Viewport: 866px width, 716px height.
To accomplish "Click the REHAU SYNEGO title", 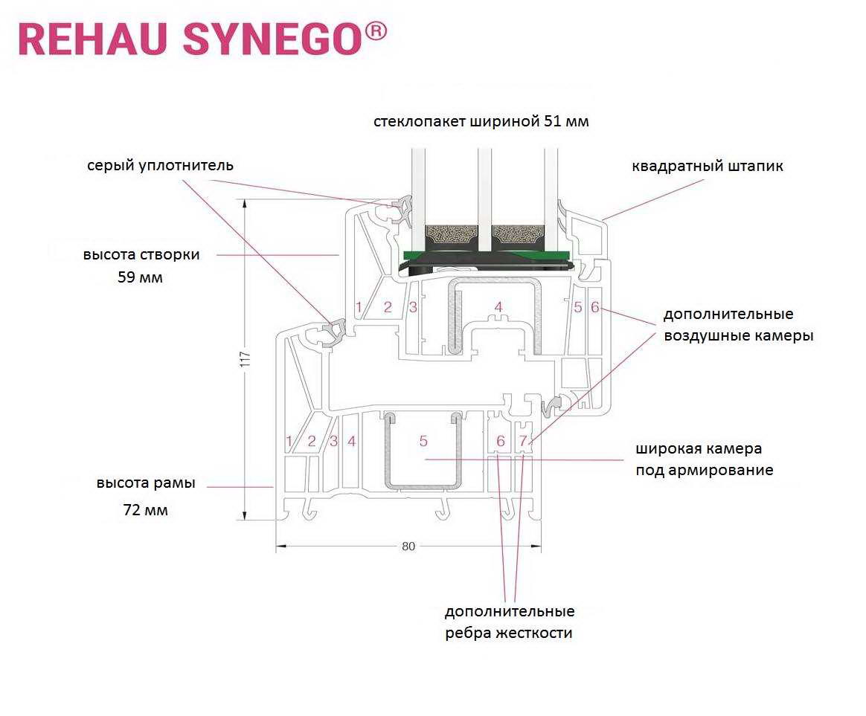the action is point(202,39).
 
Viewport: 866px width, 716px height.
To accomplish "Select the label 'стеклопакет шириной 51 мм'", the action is point(481,121).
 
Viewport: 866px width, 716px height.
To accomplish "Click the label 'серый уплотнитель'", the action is point(160,166).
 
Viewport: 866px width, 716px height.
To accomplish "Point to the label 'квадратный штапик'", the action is point(707,166).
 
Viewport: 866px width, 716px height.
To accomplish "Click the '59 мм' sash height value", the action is point(141,277).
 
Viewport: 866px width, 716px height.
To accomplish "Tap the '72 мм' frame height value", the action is point(145,509).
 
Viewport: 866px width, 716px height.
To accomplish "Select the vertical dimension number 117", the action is point(246,359).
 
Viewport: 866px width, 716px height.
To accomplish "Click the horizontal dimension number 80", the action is point(408,546).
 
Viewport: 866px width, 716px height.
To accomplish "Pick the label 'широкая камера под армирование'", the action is point(704,459).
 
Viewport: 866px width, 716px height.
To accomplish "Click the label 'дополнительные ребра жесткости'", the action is point(509,622).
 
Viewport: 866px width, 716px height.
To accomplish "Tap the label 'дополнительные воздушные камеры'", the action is point(739,325).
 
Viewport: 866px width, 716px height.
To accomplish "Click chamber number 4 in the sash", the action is point(498,308).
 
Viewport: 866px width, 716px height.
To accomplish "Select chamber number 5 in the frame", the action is point(423,441).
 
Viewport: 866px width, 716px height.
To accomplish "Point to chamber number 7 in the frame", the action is point(523,441).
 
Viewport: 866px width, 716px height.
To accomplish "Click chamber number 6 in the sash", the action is point(595,308).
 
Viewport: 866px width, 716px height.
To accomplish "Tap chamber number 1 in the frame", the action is point(289,441).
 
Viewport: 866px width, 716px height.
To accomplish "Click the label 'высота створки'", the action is point(141,255).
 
